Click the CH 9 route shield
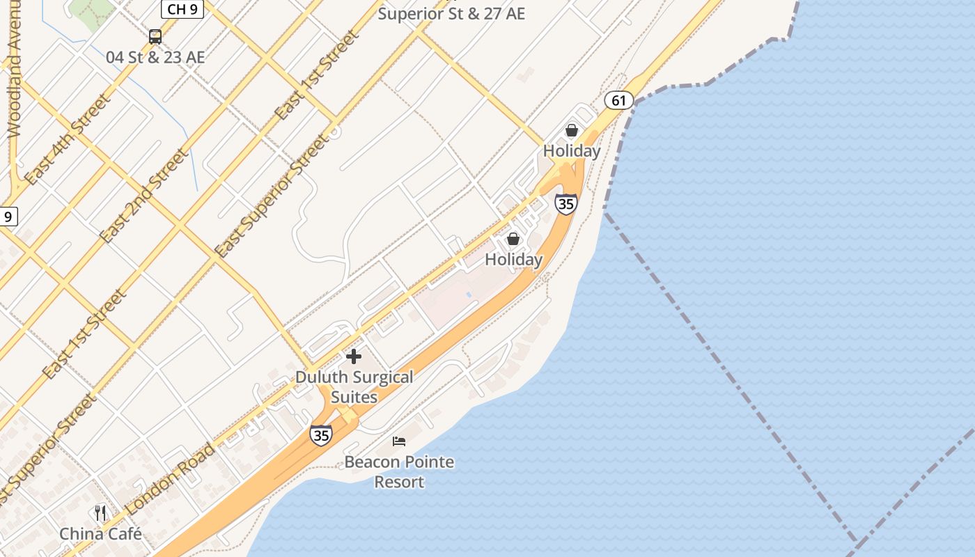tap(182, 9)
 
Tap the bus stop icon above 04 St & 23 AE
tap(155, 37)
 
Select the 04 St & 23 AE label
tap(155, 57)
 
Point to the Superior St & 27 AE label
tap(451, 13)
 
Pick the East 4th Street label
tap(67, 139)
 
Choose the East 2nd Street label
tap(143, 196)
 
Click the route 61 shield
tap(618, 100)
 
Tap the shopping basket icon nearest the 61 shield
tap(572, 130)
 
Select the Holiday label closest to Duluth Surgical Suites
tap(513, 260)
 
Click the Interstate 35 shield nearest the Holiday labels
tap(566, 204)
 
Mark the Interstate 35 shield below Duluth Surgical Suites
tap(321, 435)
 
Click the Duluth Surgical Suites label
tap(354, 387)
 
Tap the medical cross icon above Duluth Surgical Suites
tap(354, 356)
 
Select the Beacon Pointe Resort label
tap(399, 471)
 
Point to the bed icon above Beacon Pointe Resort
tap(399, 441)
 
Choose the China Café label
tap(100, 534)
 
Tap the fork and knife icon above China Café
tap(100, 513)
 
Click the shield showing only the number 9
tap(8, 217)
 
